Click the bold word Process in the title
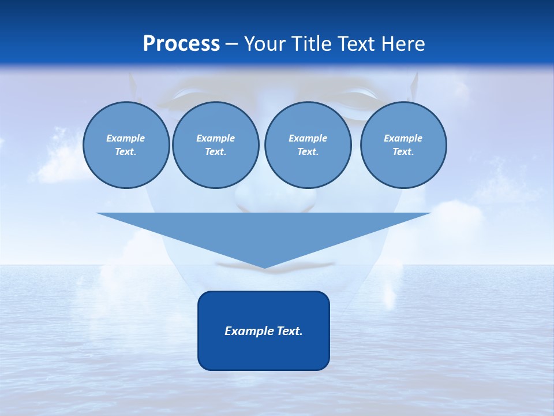(181, 44)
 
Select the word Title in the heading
(315, 44)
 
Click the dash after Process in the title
(231, 44)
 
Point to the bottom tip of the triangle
(264, 267)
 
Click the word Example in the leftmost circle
(126, 138)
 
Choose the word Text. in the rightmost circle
(403, 151)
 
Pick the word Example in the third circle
(308, 138)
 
